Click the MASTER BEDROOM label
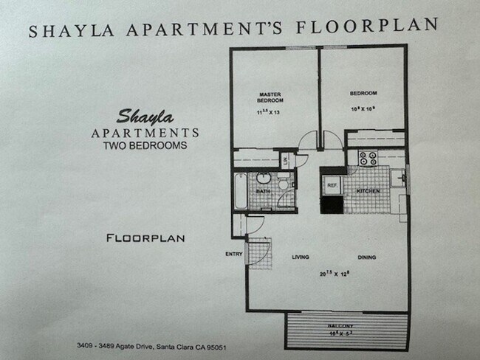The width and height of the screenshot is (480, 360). point(270,97)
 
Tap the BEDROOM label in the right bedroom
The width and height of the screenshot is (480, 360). point(363,93)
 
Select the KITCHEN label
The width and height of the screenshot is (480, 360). point(368,191)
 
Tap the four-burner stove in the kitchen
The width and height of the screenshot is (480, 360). point(367,158)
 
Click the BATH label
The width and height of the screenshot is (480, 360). point(263,191)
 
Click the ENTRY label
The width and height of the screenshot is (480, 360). point(234,255)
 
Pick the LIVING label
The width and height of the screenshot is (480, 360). point(300,257)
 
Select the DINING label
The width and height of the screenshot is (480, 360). point(367,257)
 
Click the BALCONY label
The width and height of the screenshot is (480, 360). point(346,326)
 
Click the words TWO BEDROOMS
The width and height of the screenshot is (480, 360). point(144,146)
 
